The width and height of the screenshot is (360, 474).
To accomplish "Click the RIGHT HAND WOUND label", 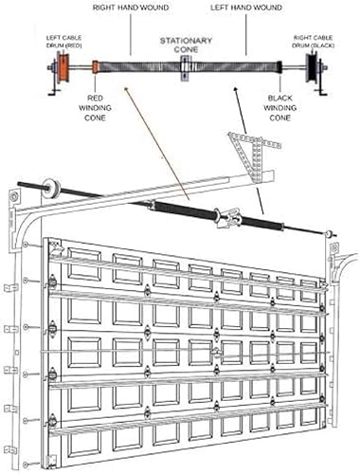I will click(x=130, y=7).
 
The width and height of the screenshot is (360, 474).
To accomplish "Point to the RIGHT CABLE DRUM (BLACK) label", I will click(x=315, y=44).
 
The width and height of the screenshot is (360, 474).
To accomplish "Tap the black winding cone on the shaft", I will click(x=277, y=69).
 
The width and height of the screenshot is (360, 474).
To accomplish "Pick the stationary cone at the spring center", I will click(x=185, y=68).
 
